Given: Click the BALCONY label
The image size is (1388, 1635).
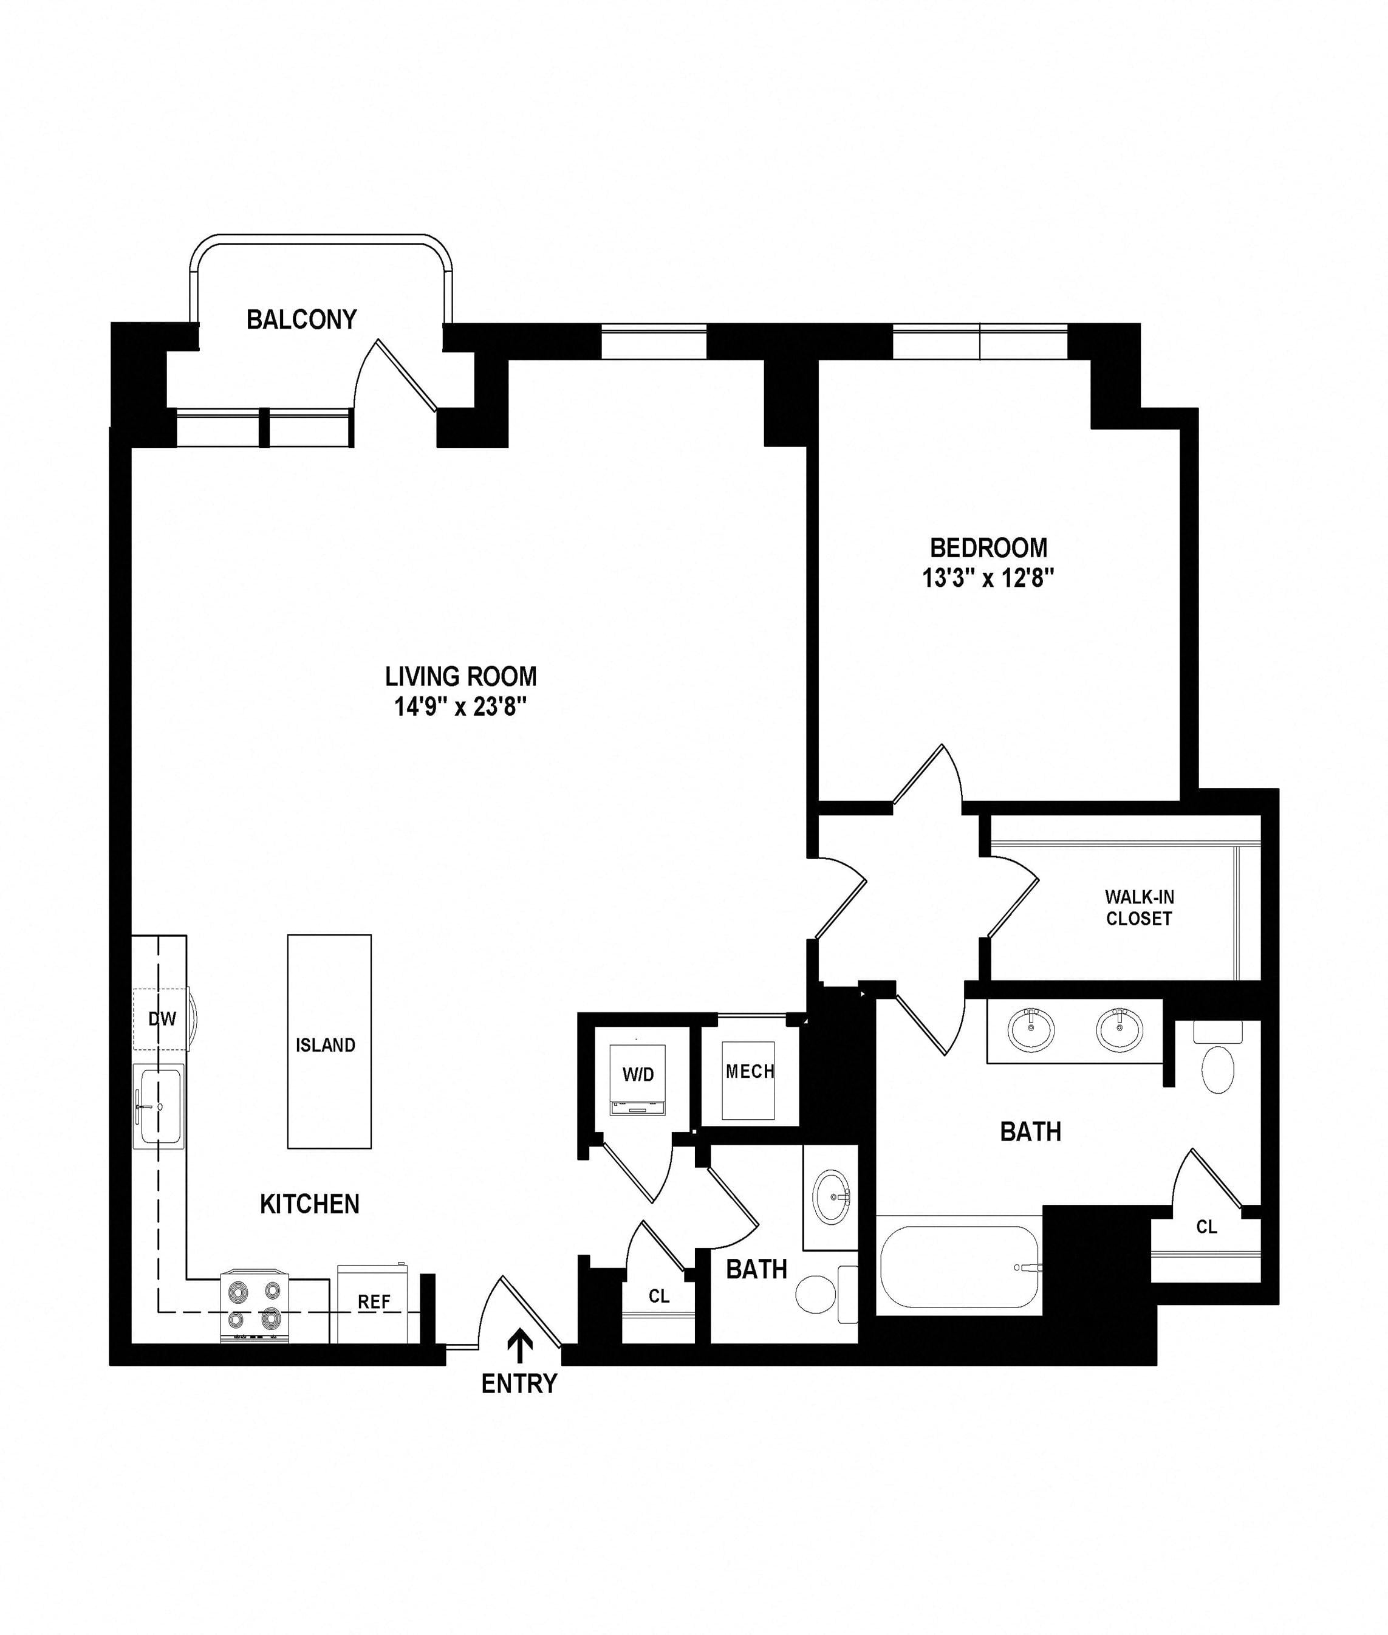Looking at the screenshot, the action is click(x=301, y=320).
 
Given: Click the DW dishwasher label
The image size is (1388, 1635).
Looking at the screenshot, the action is click(x=162, y=1019).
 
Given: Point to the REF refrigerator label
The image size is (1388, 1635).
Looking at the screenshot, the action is click(x=374, y=1301).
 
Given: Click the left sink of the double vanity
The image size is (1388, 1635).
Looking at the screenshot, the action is click(x=1031, y=1030).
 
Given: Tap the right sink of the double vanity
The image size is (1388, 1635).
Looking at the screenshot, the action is click(x=1120, y=1030).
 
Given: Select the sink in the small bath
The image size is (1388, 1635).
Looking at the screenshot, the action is click(x=832, y=1198).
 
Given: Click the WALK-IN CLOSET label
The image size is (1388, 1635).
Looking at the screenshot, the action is click(x=1140, y=907).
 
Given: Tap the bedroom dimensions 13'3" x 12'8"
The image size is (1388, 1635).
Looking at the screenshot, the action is click(x=988, y=578).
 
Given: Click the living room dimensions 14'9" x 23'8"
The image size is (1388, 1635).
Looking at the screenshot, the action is click(x=460, y=707).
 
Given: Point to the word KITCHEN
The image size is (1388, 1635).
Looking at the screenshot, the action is click(x=309, y=1204).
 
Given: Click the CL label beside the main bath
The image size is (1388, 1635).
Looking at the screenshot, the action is click(x=1206, y=1227).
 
